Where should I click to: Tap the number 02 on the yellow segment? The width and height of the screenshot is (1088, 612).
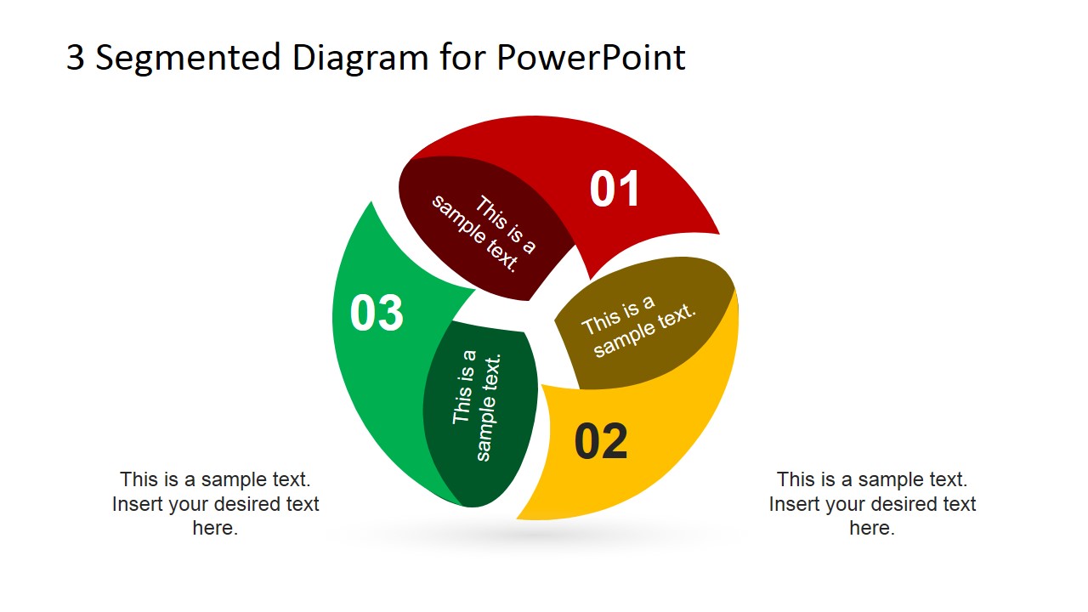[x=601, y=442]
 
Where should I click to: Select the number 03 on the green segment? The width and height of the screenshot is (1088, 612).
[x=377, y=313]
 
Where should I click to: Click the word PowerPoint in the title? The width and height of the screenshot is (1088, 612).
[x=591, y=58]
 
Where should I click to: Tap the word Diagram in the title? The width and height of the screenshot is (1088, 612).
[x=360, y=58]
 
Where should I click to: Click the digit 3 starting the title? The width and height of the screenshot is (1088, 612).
[x=75, y=58]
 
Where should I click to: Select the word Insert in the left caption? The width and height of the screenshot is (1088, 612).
[x=138, y=503]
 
